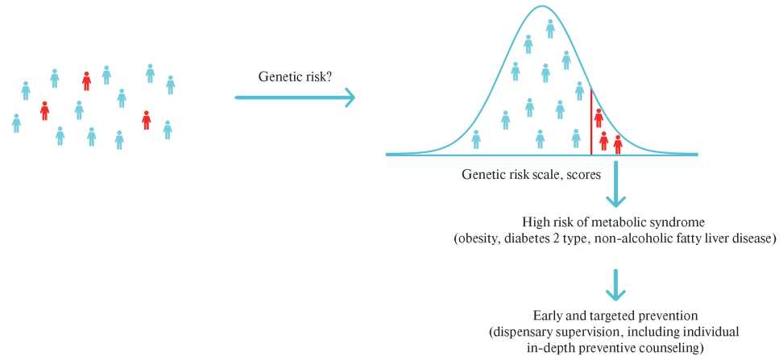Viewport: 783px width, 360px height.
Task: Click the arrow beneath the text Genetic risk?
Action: (295, 97)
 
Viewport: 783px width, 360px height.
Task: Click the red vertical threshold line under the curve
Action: (591, 122)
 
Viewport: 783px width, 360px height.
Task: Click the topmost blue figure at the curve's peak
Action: (550, 29)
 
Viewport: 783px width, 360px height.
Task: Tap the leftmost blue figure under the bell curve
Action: (476, 139)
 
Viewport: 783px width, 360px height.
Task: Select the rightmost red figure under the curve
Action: (618, 144)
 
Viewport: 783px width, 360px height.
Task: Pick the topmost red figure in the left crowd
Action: (86, 81)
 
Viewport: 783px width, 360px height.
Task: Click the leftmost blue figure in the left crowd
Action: (16, 123)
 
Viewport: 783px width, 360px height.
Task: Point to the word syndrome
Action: (655, 221)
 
